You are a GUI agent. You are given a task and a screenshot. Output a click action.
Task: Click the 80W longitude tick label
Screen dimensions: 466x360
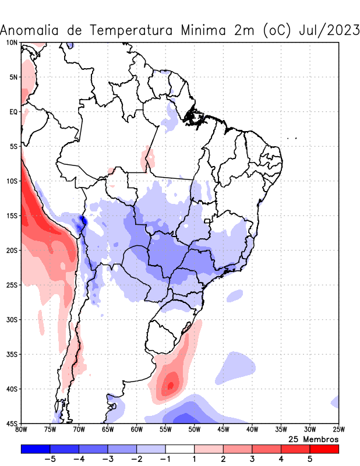[21, 430]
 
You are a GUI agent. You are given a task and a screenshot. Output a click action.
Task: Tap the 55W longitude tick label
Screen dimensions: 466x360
[165, 430]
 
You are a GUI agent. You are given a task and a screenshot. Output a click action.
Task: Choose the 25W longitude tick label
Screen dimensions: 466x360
[338, 430]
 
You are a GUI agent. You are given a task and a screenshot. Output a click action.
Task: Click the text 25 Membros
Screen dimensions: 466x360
[313, 439]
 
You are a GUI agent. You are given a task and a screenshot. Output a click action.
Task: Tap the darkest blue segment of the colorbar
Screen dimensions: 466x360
[36, 449]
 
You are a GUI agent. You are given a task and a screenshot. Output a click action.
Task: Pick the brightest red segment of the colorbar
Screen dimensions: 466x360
[324, 449]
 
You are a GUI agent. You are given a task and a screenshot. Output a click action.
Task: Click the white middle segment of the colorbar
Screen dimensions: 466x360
[180, 449]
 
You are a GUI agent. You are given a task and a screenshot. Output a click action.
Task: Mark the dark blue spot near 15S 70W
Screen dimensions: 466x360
[82, 220]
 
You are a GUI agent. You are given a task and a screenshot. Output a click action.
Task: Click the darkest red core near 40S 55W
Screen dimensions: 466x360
[170, 385]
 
